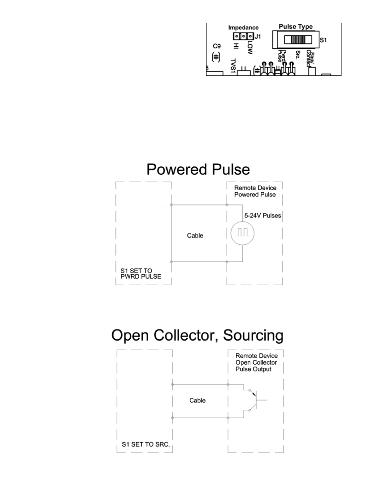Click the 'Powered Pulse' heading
click(198, 170)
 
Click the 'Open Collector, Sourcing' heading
click(197, 336)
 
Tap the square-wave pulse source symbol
click(242, 233)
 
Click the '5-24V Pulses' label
click(263, 215)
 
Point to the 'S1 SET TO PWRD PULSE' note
click(141, 273)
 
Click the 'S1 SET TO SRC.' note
click(146, 444)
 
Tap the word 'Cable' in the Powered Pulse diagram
click(195, 236)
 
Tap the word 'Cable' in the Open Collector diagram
click(197, 400)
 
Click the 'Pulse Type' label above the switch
click(295, 27)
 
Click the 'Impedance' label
click(243, 28)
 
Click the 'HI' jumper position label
click(236, 46)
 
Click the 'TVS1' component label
click(233, 66)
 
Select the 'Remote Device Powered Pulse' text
click(255, 191)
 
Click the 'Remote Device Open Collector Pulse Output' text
click(256, 362)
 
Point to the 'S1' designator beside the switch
click(323, 40)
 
